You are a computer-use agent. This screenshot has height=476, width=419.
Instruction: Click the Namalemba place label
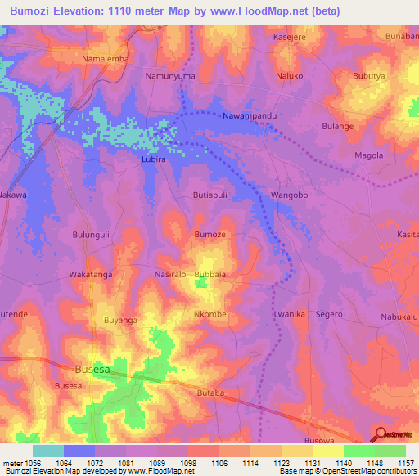coord(106,60)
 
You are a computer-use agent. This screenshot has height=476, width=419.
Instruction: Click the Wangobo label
coord(288,195)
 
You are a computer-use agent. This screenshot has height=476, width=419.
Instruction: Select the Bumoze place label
coord(209,235)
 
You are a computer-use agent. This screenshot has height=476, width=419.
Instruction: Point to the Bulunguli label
coord(91,235)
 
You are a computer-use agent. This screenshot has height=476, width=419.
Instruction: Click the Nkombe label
coord(209,314)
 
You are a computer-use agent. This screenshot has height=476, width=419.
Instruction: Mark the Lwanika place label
coord(290,314)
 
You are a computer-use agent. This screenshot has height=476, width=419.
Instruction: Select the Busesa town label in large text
coord(92,370)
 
